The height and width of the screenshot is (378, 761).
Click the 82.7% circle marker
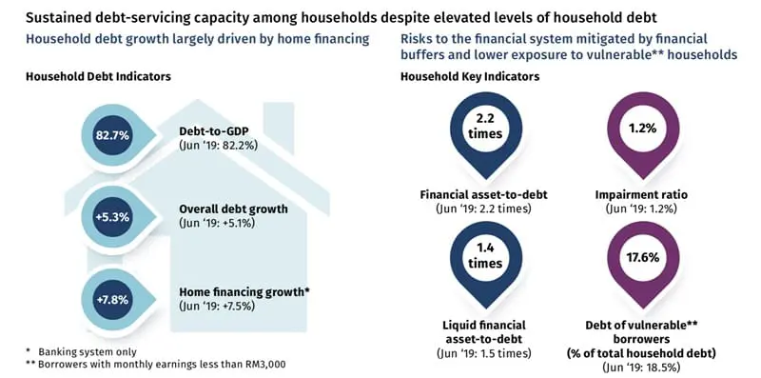click(111, 136)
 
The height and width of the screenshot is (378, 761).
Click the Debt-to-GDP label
click(214, 130)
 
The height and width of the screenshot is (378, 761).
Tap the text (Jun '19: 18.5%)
click(646, 368)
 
